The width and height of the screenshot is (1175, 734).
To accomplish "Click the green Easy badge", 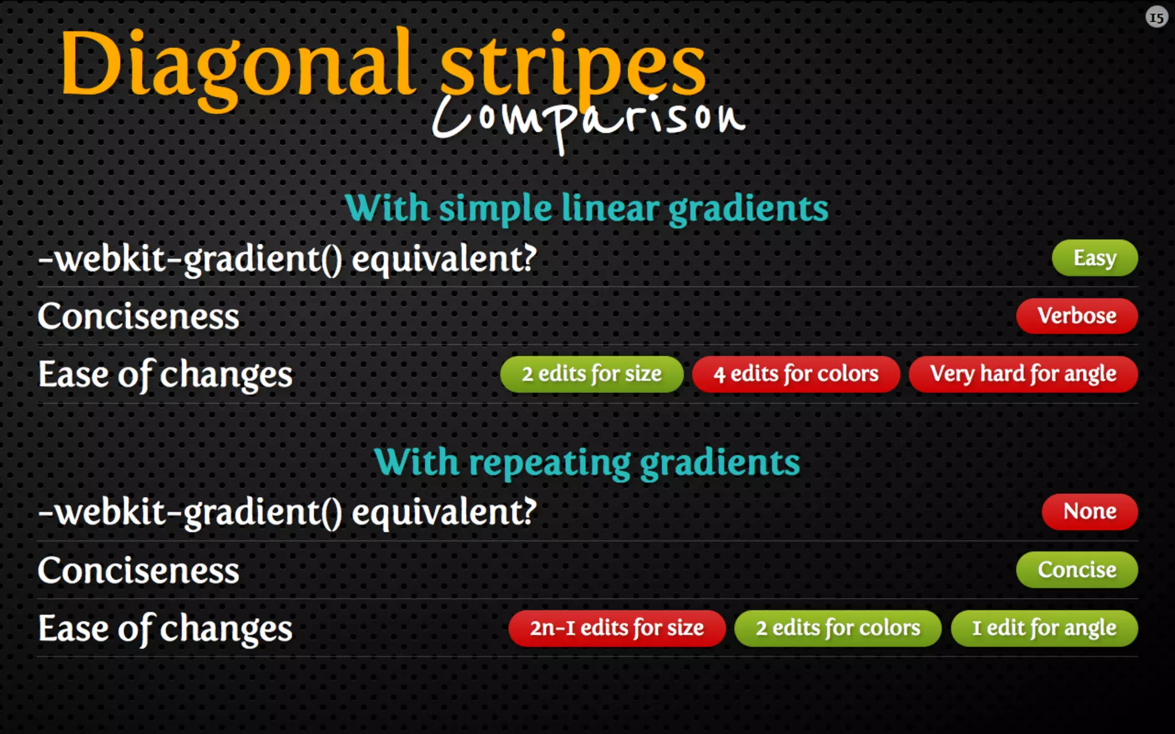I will click(1094, 258).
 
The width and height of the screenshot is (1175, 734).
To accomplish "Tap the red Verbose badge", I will click(1076, 316).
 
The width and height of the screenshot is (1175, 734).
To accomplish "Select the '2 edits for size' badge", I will click(592, 374).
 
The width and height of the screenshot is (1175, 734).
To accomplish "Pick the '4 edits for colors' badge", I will click(796, 374).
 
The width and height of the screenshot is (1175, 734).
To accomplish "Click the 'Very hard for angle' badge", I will click(1023, 374).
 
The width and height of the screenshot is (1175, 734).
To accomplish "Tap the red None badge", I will click(1090, 512).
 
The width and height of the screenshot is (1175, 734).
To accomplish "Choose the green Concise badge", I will click(1076, 570).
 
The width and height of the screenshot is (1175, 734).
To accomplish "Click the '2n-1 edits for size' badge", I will click(617, 628).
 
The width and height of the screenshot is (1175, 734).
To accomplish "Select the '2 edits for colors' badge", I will click(838, 628).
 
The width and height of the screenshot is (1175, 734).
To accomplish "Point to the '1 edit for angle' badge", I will click(1044, 628).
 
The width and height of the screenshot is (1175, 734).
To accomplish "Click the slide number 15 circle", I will click(1157, 18).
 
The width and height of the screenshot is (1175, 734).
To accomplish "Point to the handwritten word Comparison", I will click(588, 118).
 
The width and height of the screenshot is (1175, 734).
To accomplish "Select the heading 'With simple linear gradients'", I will click(586, 208).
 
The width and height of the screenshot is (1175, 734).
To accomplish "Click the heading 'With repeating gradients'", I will click(586, 462).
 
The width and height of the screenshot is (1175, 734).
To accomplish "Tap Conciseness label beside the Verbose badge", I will click(138, 317).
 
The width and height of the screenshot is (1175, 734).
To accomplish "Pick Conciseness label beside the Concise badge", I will click(138, 571).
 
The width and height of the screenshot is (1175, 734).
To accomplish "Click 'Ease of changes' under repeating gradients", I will click(165, 628).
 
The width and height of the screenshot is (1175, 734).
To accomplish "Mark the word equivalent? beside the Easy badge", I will click(444, 259).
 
